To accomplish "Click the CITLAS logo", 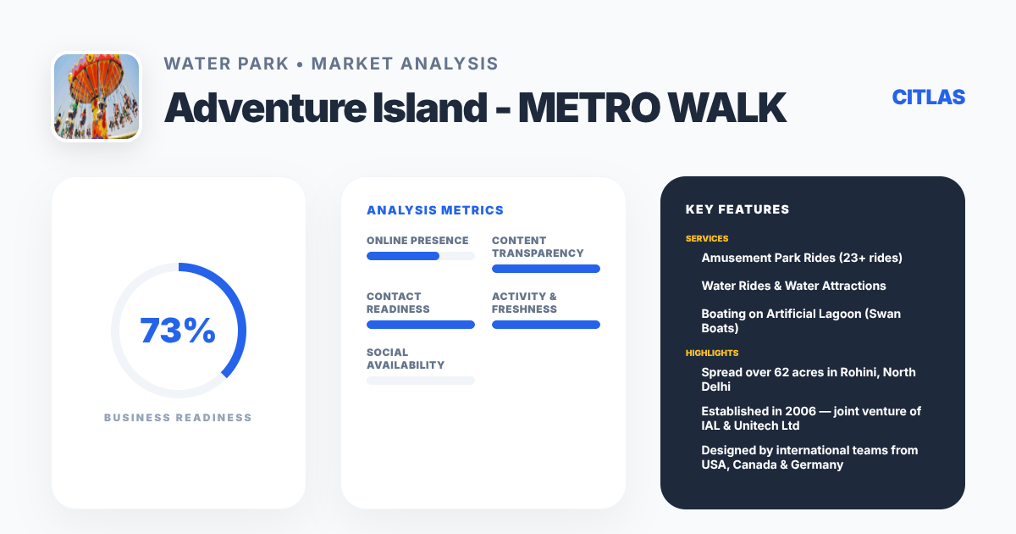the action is (x=929, y=97).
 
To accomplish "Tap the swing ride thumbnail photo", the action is (x=97, y=97).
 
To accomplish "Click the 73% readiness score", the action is (x=178, y=330).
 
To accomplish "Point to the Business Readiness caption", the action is (x=178, y=417).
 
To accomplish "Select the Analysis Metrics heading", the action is (x=435, y=210).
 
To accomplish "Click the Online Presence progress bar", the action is (x=421, y=256).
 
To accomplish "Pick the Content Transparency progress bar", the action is (x=545, y=269).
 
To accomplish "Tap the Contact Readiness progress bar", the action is (x=421, y=325).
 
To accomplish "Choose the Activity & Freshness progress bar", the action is (x=545, y=325).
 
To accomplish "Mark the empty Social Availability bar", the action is (x=421, y=381).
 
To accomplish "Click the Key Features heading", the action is (x=737, y=209).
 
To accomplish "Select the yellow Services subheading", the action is (x=707, y=238).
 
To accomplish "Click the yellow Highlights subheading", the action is (x=712, y=353).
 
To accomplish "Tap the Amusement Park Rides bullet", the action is (x=802, y=258).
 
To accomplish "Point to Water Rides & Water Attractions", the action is (x=793, y=286).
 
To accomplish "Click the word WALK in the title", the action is (x=727, y=108).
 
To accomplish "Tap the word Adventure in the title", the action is (x=265, y=108).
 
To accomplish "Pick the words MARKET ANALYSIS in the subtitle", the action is (x=405, y=64).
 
